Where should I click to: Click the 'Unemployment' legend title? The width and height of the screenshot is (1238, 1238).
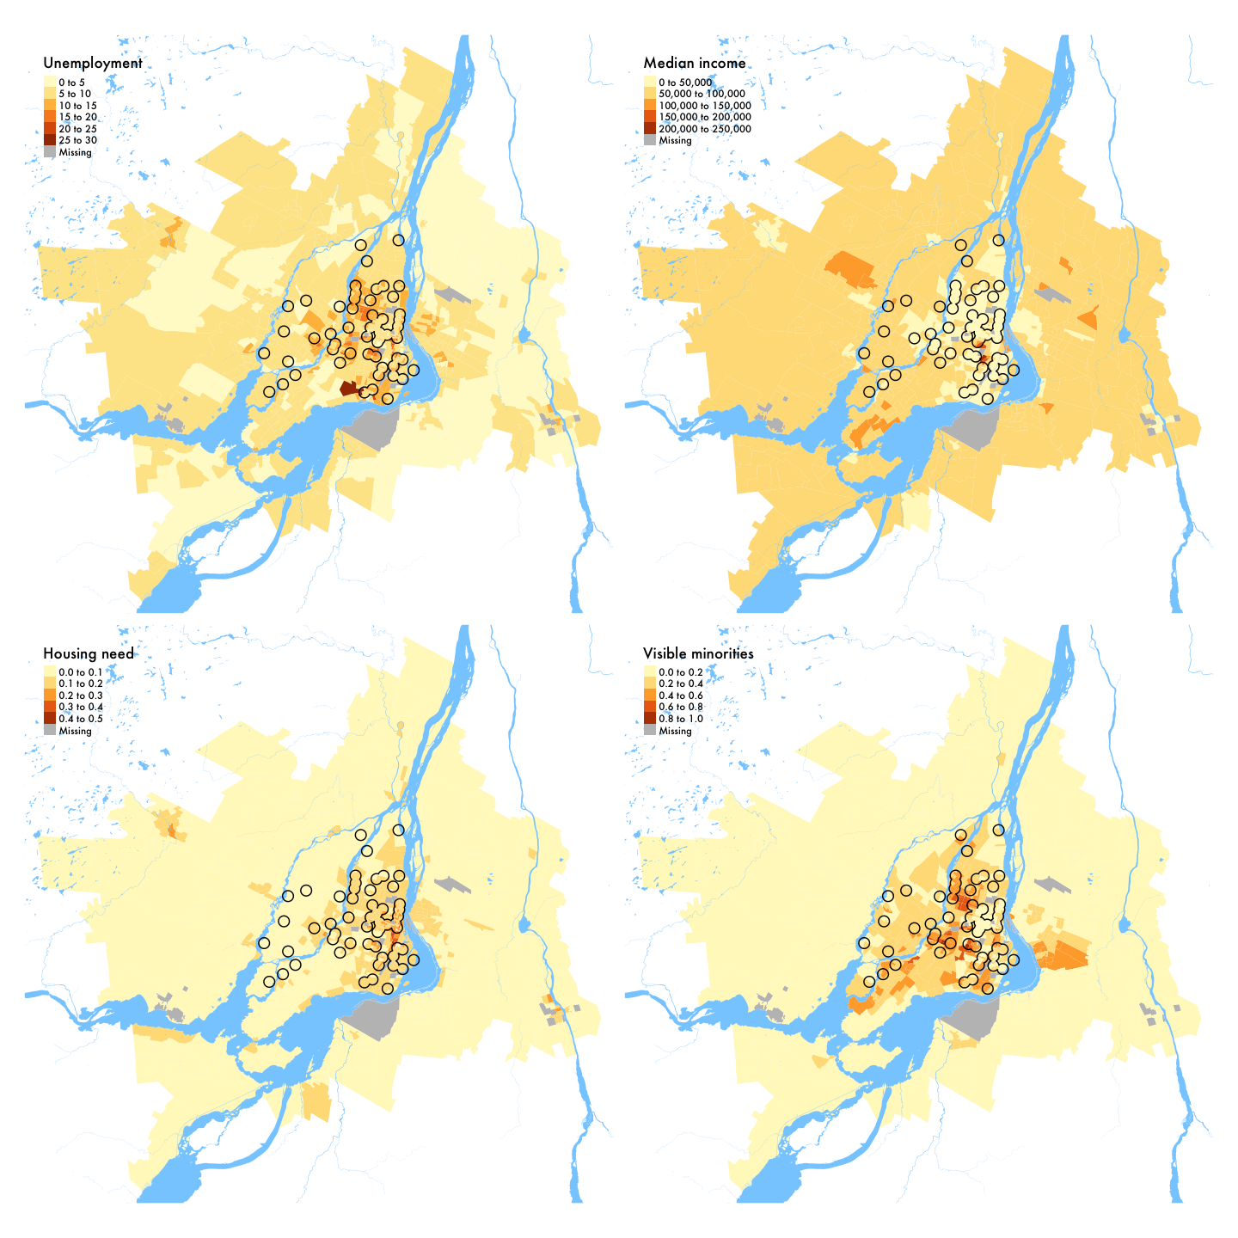coord(92,64)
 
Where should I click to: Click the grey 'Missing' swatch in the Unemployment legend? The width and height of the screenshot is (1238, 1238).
coord(50,152)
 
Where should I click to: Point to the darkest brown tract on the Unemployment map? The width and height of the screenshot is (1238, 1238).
coord(349,389)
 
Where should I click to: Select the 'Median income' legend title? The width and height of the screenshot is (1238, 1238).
coord(694,64)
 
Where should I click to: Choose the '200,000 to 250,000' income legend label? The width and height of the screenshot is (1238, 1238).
coord(705,129)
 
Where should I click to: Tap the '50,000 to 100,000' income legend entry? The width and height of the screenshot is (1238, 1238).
coord(702,94)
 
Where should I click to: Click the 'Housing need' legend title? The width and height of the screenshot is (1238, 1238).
coord(89,654)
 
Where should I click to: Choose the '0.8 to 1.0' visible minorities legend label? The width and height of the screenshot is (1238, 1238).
coord(680,719)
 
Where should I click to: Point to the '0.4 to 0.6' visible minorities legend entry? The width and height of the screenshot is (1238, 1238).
coord(680,696)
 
